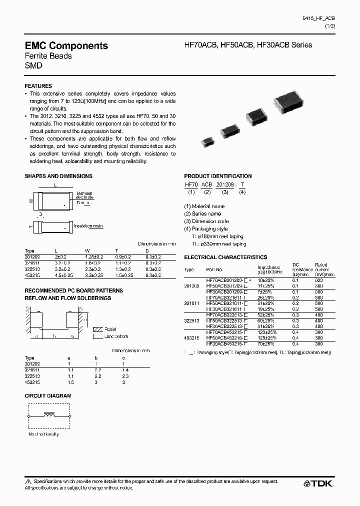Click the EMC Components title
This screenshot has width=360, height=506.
click(x=66, y=45)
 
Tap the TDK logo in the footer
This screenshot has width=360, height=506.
click(x=318, y=483)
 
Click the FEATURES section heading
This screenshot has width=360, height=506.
click(x=38, y=86)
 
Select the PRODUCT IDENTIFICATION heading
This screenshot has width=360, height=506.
click(x=218, y=176)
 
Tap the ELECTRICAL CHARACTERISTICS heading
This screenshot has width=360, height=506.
click(x=225, y=257)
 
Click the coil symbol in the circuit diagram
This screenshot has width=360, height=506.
click(x=49, y=414)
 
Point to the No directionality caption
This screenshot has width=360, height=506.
click(x=43, y=434)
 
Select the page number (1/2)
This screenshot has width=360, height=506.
click(x=330, y=25)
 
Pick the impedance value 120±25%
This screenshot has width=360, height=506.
click(x=267, y=332)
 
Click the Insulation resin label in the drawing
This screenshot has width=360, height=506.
click(x=88, y=226)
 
